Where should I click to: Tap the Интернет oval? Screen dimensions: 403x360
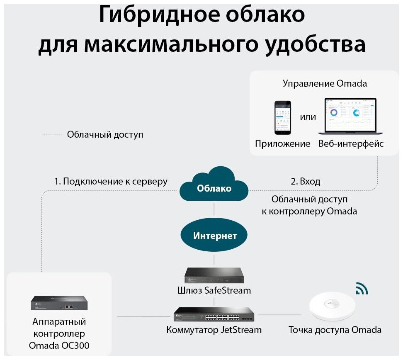click(x=214, y=236)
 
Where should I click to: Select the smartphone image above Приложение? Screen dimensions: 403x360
click(x=282, y=117)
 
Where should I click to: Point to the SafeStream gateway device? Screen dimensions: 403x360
click(x=214, y=275)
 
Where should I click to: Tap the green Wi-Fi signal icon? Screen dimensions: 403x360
click(x=362, y=289)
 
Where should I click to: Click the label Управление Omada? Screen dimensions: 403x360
click(x=325, y=83)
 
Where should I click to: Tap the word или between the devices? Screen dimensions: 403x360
click(x=308, y=117)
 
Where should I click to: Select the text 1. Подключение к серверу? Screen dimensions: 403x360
click(x=111, y=181)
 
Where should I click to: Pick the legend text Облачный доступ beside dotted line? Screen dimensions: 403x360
click(x=105, y=135)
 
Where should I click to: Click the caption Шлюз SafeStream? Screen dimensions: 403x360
click(x=214, y=290)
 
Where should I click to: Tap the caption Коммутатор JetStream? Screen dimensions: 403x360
click(x=214, y=330)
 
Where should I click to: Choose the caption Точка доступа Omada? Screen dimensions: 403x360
click(x=335, y=330)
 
